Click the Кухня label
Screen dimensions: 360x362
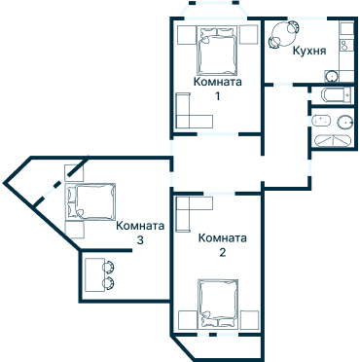pos(309,51)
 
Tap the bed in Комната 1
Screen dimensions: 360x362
pos(217,51)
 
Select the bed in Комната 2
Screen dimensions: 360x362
pos(219,303)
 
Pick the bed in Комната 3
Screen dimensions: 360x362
pos(91,201)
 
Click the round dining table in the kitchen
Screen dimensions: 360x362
pos(283,33)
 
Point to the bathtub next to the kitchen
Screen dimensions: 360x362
pos(336,95)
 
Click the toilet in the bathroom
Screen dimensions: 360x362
pos(321,121)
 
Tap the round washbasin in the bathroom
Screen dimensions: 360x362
pos(345,122)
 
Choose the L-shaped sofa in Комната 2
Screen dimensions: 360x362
pos(194,214)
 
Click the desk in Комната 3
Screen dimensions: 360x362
pos(94,274)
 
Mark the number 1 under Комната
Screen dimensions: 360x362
pos(218,96)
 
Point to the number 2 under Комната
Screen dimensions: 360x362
pos(222,252)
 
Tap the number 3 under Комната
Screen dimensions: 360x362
pos(140,240)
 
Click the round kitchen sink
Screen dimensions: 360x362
pos(332,76)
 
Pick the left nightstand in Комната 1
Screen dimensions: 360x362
pos(187,35)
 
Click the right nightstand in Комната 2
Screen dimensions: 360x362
pos(249,320)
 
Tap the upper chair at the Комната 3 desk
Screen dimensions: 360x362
pos(108,267)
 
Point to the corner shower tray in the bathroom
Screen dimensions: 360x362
pos(333,141)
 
